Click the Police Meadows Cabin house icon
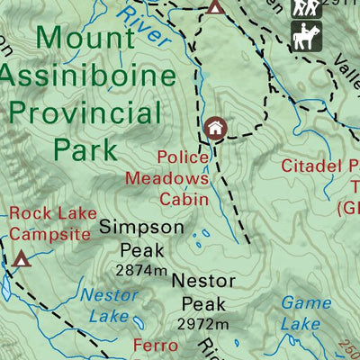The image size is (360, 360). (214, 128)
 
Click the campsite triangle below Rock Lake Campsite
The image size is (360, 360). (21, 261)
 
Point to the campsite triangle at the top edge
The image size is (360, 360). (214, 8)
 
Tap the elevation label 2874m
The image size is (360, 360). (140, 269)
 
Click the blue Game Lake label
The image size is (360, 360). (305, 313)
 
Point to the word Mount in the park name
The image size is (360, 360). (88, 40)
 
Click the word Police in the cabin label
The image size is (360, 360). (183, 157)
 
